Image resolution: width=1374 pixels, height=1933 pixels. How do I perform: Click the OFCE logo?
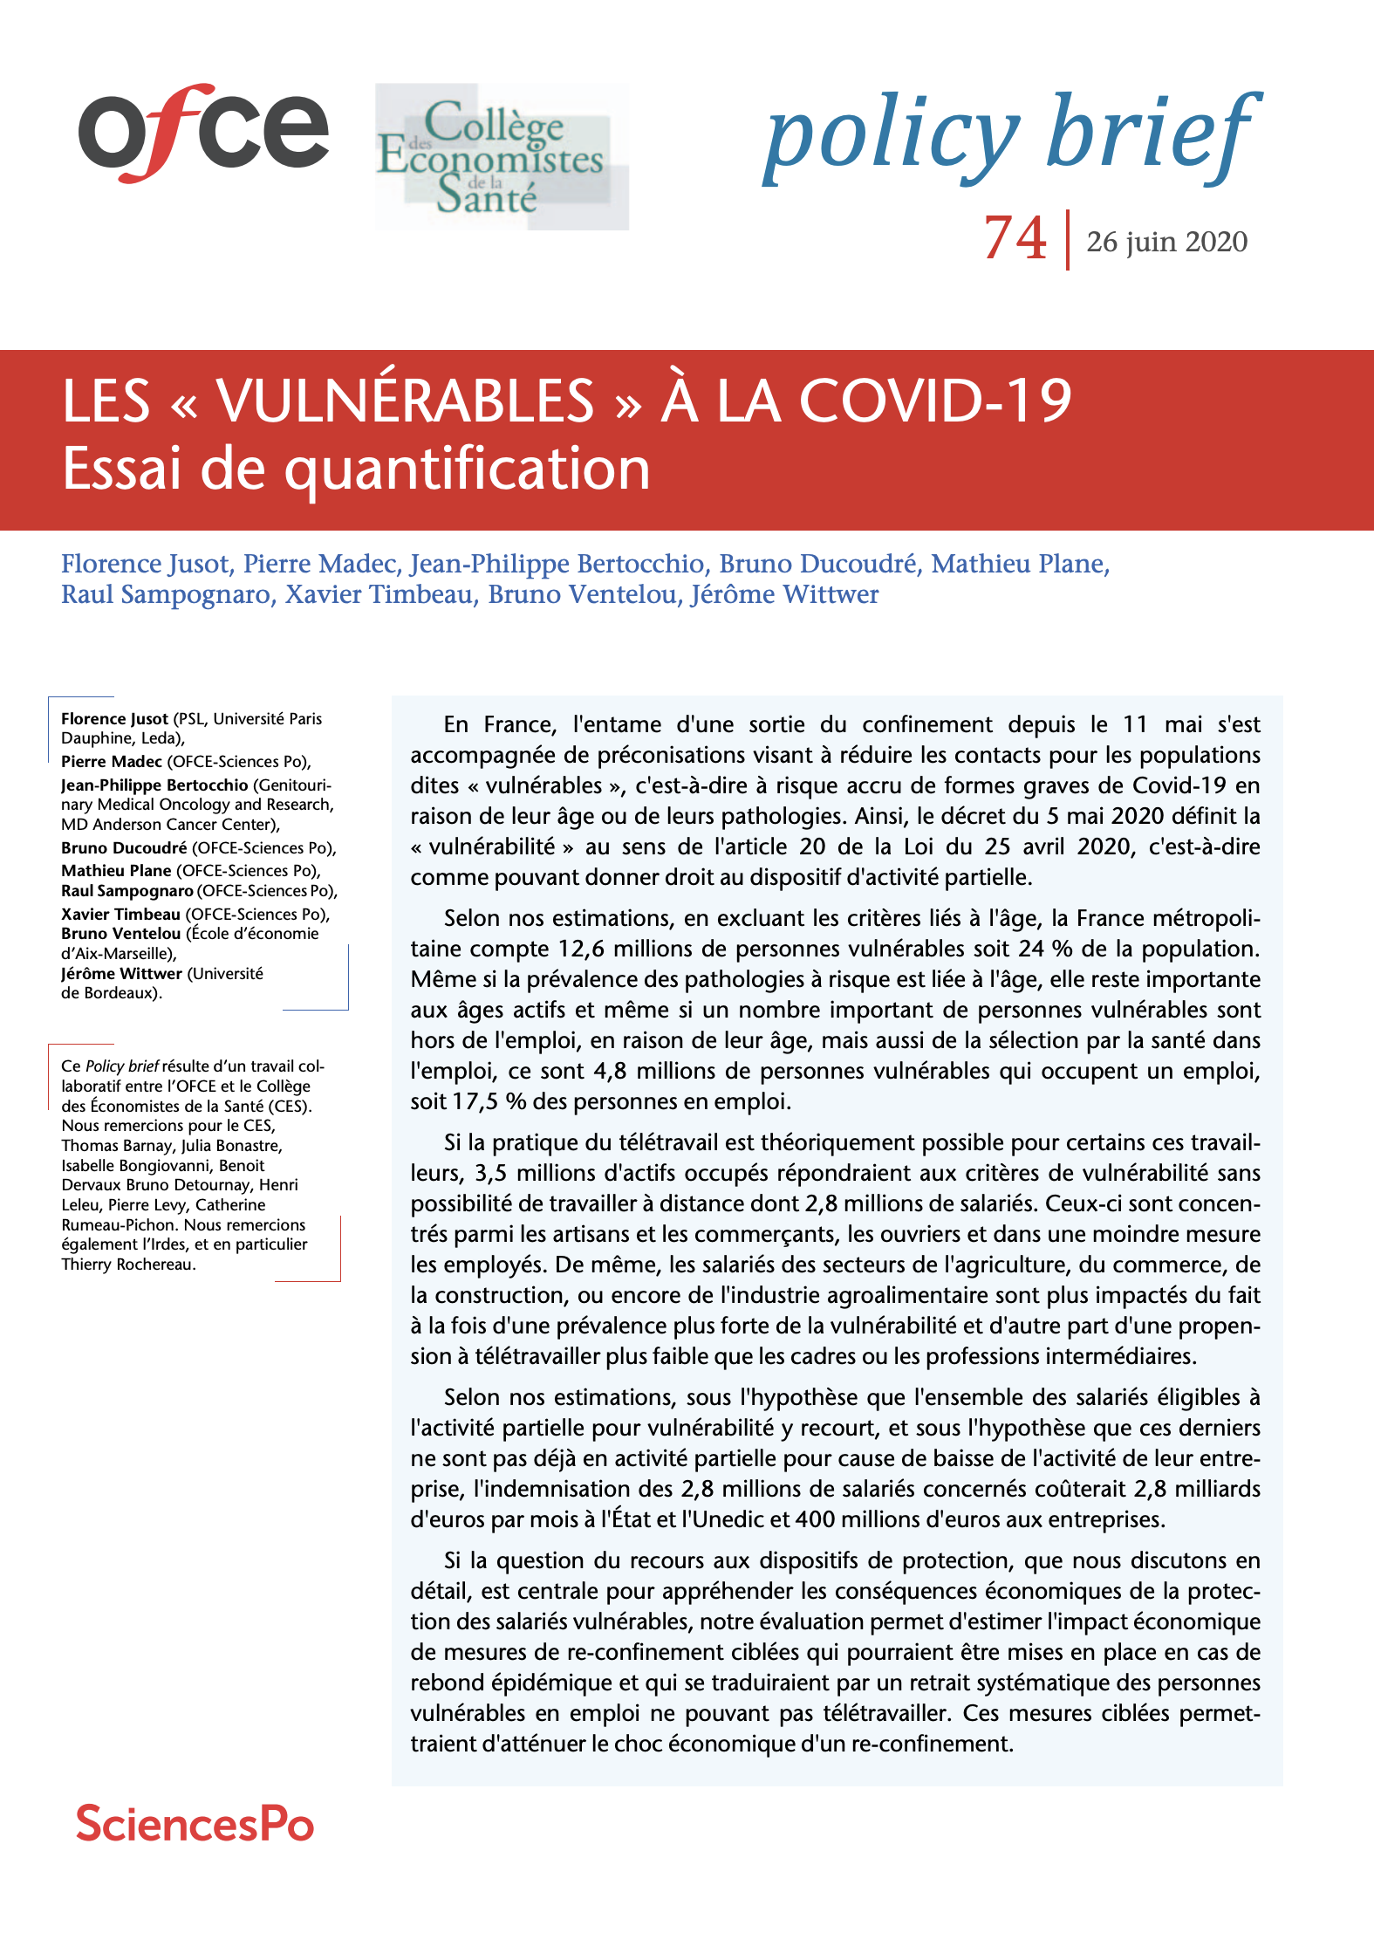203,133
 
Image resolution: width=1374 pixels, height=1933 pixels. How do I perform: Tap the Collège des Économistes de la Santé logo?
501,157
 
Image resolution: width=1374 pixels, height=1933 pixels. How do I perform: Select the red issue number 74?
1015,237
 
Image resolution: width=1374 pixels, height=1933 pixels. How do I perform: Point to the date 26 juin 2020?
1166,242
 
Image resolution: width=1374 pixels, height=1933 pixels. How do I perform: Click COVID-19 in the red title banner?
935,401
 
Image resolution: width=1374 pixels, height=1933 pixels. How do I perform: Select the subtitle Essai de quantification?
356,469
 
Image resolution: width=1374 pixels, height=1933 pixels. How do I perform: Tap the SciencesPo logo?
195,1824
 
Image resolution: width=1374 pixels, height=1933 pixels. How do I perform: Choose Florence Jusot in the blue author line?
146,564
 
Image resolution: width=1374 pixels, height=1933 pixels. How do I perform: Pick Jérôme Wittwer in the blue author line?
784,594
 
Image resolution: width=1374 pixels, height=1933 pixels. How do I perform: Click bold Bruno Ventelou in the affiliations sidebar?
120,934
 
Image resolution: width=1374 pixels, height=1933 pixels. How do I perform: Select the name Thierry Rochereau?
127,1265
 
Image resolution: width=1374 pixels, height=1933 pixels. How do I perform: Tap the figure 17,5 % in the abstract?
489,1101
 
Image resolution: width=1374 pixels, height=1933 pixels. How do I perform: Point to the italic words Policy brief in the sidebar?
121,1066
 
